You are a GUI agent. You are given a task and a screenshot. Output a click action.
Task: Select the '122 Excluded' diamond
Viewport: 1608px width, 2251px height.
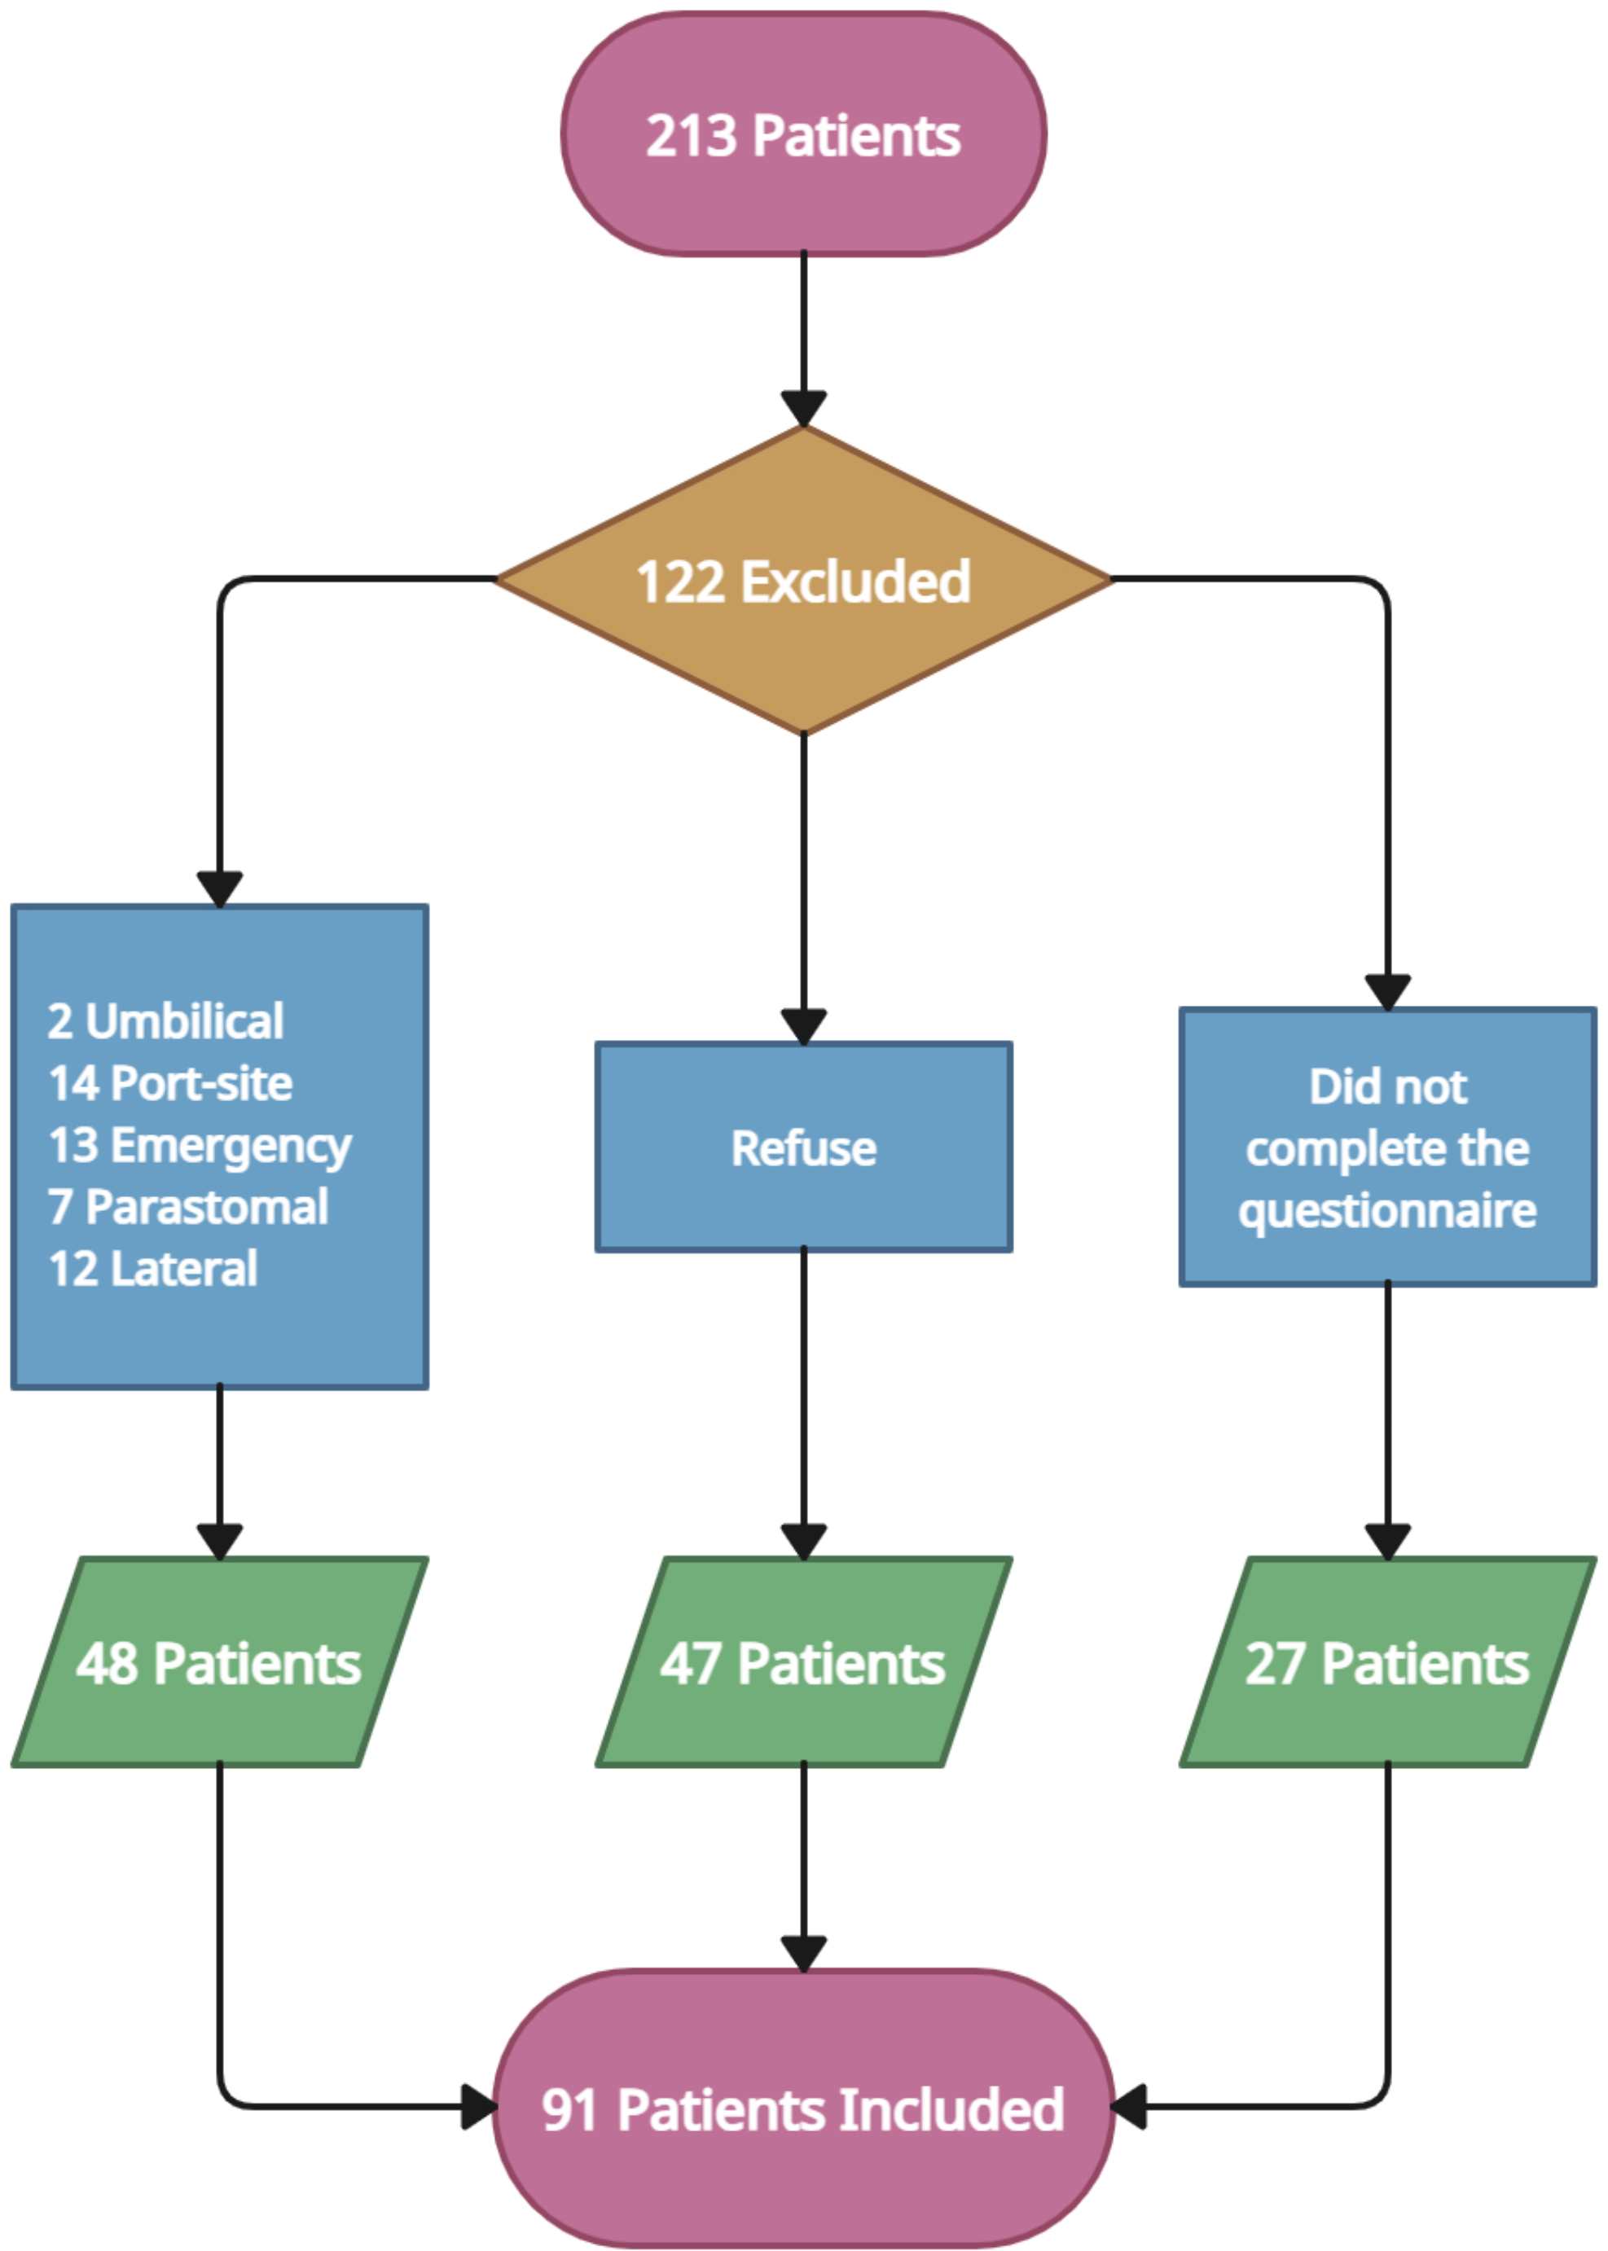coord(803,581)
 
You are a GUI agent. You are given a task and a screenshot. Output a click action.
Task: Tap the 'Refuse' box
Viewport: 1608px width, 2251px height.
coord(803,1147)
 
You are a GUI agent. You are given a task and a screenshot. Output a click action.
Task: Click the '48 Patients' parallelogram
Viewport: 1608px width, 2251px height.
coord(219,1662)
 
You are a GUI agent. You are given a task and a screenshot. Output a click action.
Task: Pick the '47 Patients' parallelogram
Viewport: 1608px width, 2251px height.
coord(803,1662)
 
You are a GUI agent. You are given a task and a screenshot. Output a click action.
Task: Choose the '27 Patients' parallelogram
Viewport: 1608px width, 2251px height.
coord(1387,1662)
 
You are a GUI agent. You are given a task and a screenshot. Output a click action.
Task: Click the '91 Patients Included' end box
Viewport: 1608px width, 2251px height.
coord(803,2108)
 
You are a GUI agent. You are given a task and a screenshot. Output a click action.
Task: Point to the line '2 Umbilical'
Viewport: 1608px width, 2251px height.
coord(165,1020)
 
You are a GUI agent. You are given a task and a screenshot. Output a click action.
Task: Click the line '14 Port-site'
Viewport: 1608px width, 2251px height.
coord(170,1083)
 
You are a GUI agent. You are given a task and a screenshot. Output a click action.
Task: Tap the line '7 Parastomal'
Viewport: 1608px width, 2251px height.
coord(188,1207)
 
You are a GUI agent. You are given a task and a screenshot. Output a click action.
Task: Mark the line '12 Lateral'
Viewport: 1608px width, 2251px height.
coord(153,1268)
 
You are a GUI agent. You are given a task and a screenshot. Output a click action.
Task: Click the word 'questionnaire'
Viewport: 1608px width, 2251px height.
coord(1387,1209)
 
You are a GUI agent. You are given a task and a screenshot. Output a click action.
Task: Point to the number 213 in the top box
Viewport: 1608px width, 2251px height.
coord(691,136)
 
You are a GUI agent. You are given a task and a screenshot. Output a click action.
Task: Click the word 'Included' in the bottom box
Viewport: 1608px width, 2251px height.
coord(951,2108)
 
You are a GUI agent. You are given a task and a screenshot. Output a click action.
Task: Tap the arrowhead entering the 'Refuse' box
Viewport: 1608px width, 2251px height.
coord(803,1025)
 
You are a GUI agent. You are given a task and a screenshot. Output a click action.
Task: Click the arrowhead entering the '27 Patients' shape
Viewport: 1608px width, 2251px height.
coord(1387,1540)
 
